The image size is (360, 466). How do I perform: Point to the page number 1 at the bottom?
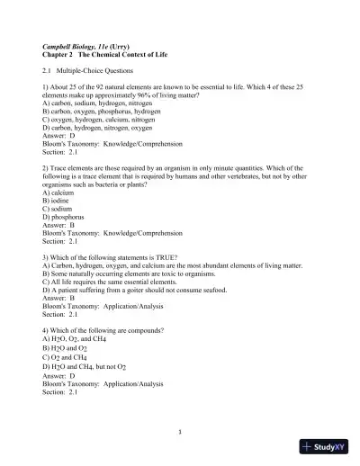tap(180, 431)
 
